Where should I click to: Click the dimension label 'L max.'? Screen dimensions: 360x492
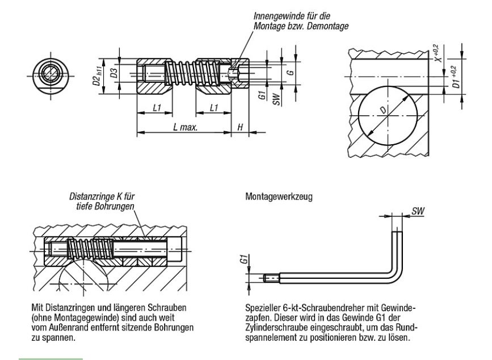click(x=186, y=128)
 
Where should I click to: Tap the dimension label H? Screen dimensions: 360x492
click(x=240, y=128)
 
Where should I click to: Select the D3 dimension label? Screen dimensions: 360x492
click(x=114, y=72)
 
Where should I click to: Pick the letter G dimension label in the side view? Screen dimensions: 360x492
click(x=291, y=74)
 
